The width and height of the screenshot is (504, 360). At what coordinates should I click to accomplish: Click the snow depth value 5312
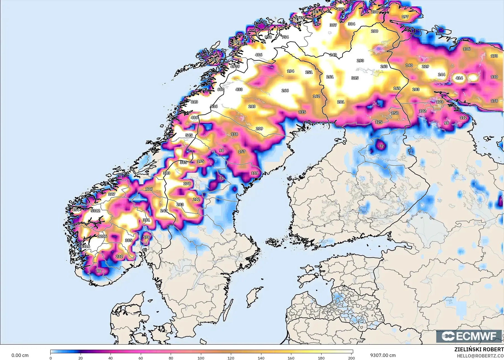coord(95,211)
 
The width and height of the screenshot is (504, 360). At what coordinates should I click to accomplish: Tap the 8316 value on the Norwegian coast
coord(85,246)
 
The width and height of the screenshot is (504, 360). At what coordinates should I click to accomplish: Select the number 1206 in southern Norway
coord(102,236)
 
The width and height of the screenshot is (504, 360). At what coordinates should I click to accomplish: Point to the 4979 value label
coord(235,67)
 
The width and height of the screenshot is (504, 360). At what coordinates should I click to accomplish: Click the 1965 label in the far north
coord(299,18)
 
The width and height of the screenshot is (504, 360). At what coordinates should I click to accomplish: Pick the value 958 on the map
coord(268,37)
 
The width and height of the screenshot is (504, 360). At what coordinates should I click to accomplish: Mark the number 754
coord(285,37)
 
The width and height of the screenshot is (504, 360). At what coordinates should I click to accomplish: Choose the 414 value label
coord(459,78)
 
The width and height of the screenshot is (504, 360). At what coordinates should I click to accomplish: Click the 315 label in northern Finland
coord(355,78)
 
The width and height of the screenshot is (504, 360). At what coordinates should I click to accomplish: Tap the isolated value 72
coord(381,146)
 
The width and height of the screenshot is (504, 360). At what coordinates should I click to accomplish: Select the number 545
coord(189,135)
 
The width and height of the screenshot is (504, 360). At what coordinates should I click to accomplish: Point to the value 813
coord(194,102)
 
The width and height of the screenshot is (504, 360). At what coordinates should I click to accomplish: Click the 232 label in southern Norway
coord(119,256)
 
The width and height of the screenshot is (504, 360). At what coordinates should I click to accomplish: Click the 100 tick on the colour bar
coord(201,358)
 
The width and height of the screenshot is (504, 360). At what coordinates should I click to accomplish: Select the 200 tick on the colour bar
coord(351,358)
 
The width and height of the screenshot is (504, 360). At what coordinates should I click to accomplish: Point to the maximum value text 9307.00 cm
coord(383,355)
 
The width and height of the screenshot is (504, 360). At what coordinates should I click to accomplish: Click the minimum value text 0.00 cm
coord(20,355)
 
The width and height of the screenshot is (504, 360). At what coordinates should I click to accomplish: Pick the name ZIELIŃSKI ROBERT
coord(479,349)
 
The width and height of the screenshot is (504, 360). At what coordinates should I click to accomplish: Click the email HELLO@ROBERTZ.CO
coord(480,356)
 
